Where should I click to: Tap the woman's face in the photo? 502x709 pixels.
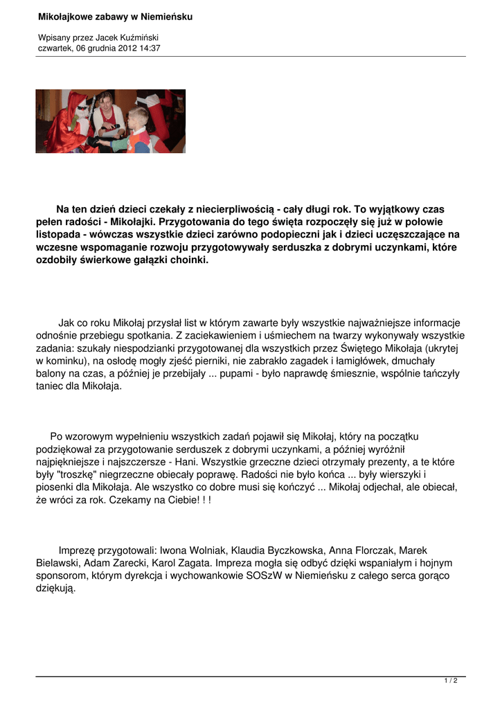(x=106, y=101)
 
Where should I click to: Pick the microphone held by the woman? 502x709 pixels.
(x=115, y=126)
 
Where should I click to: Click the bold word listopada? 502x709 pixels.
(x=60, y=235)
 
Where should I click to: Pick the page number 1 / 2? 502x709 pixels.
(x=451, y=681)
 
